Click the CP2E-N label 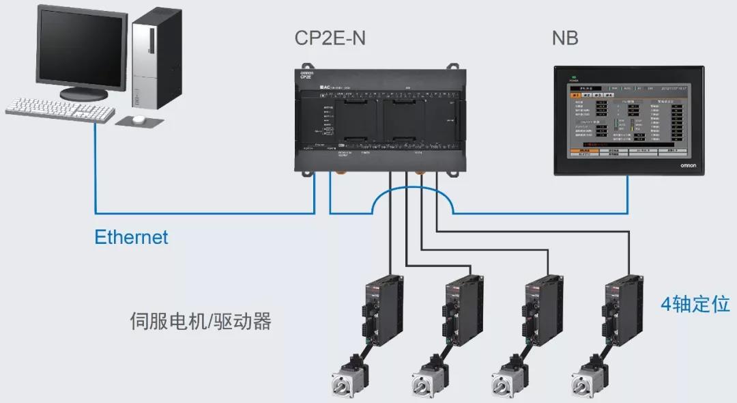point(330,38)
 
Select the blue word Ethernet point(131,238)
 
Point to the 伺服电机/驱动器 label point(200,322)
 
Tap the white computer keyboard point(60,109)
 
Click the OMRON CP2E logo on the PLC point(306,74)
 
